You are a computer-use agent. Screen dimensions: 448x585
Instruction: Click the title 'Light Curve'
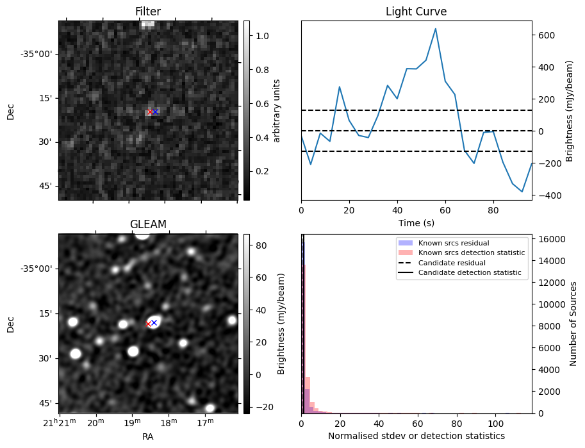pyautogui.click(x=416, y=12)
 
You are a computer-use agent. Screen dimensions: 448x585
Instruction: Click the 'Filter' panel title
pyautogui.click(x=147, y=12)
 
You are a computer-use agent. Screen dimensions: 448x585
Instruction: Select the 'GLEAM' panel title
pyautogui.click(x=147, y=224)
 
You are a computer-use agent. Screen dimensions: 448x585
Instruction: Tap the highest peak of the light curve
pyautogui.click(x=436, y=29)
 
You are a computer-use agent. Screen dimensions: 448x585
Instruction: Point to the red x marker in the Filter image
pyautogui.click(x=150, y=112)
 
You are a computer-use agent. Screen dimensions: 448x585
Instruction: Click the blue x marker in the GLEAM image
pyautogui.click(x=154, y=322)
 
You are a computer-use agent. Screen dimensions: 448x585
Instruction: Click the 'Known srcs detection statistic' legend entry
pyautogui.click(x=471, y=253)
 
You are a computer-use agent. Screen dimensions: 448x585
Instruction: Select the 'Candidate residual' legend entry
pyautogui.click(x=452, y=263)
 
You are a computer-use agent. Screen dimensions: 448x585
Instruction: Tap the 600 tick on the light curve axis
pyautogui.click(x=545, y=35)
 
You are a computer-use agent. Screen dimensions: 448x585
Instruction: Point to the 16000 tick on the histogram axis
pyautogui.click(x=549, y=239)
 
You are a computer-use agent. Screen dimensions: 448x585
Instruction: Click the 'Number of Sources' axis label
pyautogui.click(x=574, y=323)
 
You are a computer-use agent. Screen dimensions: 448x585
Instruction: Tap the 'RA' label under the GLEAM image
pyautogui.click(x=147, y=436)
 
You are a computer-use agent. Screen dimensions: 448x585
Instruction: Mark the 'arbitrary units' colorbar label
pyautogui.click(x=277, y=110)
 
